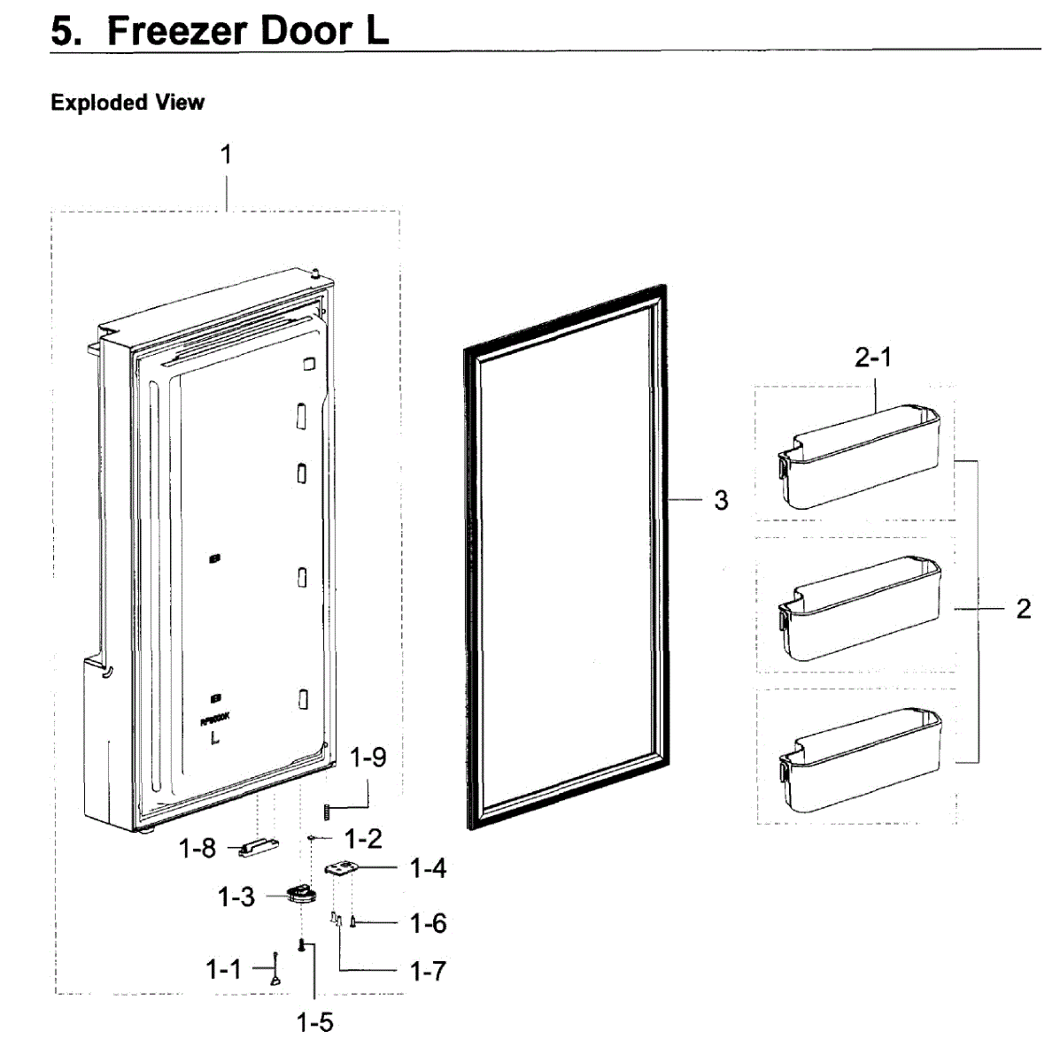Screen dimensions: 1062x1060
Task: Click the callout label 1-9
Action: click(x=368, y=758)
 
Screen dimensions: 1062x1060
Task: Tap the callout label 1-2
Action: click(x=362, y=838)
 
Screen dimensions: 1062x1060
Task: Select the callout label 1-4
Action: click(x=428, y=869)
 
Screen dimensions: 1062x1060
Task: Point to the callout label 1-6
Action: click(x=428, y=924)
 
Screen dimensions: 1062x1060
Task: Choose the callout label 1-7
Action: click(x=428, y=971)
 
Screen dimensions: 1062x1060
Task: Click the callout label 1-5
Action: click(x=314, y=1023)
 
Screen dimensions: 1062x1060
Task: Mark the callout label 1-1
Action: click(x=223, y=969)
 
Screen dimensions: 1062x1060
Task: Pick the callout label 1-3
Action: click(x=236, y=897)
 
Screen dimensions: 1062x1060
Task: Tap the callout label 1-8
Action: click(x=197, y=848)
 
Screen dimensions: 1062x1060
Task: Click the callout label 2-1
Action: click(x=873, y=358)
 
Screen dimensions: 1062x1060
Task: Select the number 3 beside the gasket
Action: click(x=721, y=501)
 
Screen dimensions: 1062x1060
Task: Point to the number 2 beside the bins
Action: click(x=1023, y=609)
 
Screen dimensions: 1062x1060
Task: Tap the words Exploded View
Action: click(x=128, y=103)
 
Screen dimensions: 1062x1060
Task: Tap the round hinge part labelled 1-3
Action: click(x=300, y=895)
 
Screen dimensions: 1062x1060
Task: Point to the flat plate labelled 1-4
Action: click(x=340, y=870)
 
